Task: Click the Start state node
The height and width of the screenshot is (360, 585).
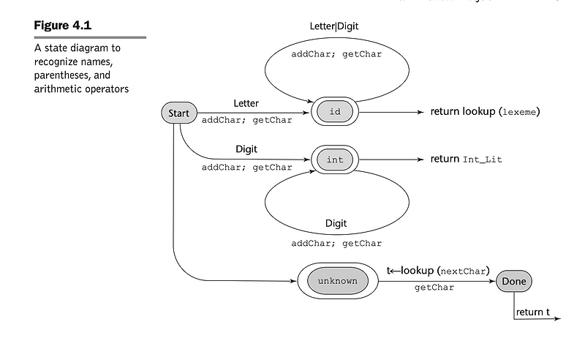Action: [x=178, y=113]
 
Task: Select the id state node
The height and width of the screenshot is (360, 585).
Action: [x=335, y=112]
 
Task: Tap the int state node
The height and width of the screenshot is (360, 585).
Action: [x=335, y=160]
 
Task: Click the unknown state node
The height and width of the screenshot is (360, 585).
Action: [x=337, y=281]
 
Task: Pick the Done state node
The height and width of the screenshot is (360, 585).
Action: [x=514, y=281]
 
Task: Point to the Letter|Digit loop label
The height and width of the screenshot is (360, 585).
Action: [x=334, y=26]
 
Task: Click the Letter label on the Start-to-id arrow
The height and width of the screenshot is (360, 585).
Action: [x=246, y=103]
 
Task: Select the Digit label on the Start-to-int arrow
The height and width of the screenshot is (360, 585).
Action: [x=246, y=149]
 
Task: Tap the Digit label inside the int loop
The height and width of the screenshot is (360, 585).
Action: [x=336, y=223]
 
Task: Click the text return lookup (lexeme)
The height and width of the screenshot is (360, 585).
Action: [x=485, y=112]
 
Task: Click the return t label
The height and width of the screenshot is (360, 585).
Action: [x=533, y=312]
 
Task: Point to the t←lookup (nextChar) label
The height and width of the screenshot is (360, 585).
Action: [x=437, y=271]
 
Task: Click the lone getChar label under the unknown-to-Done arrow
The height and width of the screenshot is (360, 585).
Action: [x=434, y=288]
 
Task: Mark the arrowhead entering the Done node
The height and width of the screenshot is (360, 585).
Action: [x=492, y=281]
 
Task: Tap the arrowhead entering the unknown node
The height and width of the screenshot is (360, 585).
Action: [x=294, y=281]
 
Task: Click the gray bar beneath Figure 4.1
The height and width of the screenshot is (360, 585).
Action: [x=90, y=37]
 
